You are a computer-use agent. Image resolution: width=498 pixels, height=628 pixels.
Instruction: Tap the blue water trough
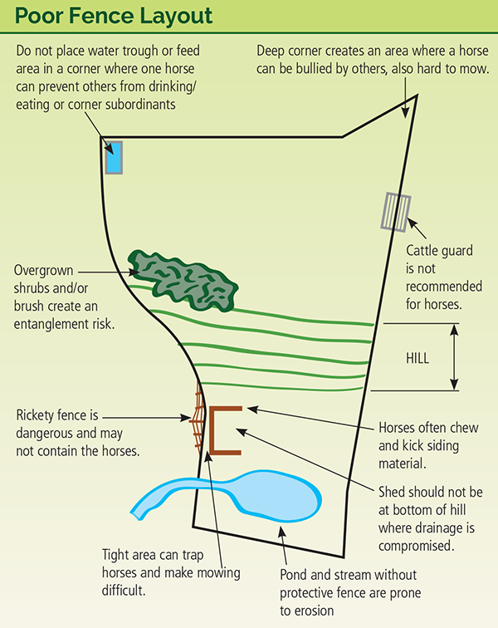pos(115,157)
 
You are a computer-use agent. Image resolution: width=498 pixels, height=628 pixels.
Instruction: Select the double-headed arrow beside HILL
pos(455,356)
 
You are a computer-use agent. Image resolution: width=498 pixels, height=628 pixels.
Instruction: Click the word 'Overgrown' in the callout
pos(46,271)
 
